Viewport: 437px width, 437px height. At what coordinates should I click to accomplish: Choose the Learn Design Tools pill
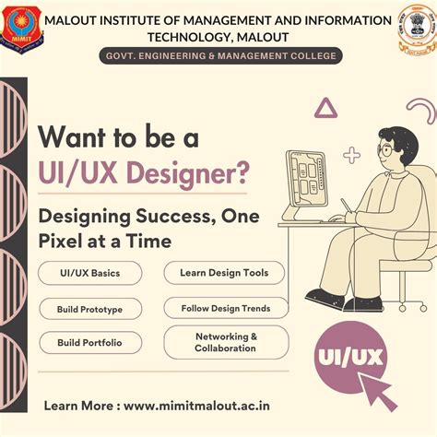click(x=225, y=273)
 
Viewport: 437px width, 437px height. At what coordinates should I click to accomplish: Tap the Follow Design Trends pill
click(x=225, y=308)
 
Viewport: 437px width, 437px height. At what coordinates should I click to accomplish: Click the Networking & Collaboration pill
click(x=225, y=342)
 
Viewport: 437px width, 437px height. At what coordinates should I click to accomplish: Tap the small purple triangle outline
click(x=325, y=109)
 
